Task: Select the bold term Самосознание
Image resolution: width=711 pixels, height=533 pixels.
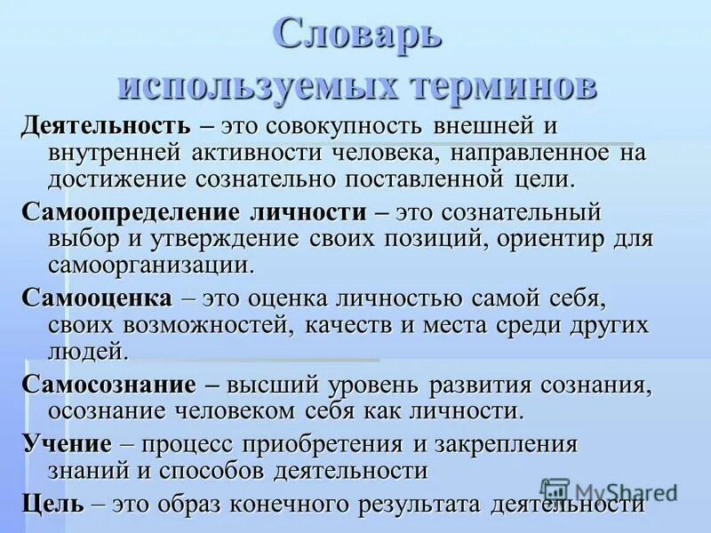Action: tap(108, 386)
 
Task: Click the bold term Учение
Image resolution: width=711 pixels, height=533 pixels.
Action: tap(67, 443)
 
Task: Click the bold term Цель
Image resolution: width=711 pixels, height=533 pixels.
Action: tap(53, 503)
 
